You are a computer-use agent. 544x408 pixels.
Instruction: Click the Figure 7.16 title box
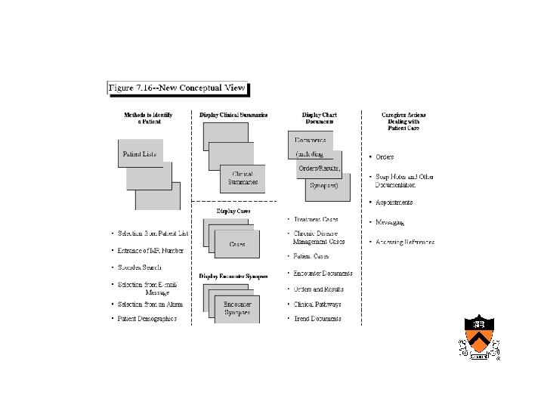(x=178, y=88)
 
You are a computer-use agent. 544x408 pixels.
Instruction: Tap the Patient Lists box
(x=141, y=154)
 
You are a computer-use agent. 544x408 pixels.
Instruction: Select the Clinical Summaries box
(x=243, y=178)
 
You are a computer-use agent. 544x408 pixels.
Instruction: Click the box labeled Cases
(x=237, y=245)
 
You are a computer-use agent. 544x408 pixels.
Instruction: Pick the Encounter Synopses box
(x=237, y=308)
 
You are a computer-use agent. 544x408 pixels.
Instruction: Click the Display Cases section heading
(x=233, y=212)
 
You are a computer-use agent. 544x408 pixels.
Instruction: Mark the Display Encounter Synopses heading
(x=233, y=277)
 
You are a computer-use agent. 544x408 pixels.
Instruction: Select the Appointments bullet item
(x=394, y=202)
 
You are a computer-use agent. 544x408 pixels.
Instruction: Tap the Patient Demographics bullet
(x=147, y=319)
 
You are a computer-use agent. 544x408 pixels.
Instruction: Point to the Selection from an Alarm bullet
(x=150, y=304)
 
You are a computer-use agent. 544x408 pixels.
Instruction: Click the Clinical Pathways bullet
(x=317, y=304)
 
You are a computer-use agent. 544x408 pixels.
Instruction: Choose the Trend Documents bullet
(x=317, y=319)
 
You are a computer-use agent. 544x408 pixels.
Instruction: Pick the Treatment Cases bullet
(x=315, y=219)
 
